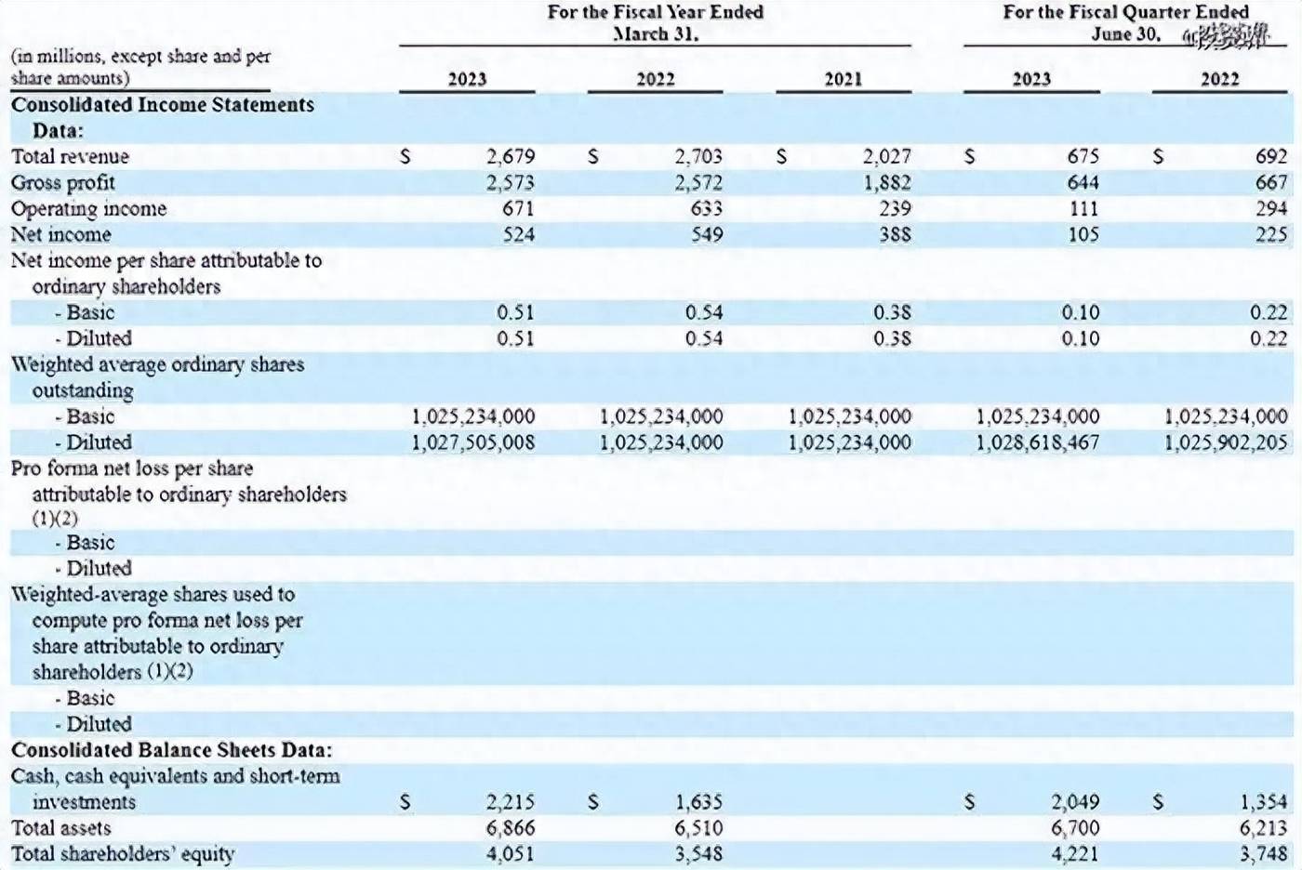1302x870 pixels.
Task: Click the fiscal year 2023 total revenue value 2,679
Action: (x=510, y=156)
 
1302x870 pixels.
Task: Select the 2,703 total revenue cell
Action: (x=697, y=156)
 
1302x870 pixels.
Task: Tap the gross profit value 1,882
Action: (x=886, y=182)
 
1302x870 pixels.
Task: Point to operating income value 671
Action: (x=518, y=208)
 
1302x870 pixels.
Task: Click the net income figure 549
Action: (x=706, y=234)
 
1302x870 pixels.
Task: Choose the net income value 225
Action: (x=1270, y=234)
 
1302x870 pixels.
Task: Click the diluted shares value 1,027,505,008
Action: (x=473, y=442)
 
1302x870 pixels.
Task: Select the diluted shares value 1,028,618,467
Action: (x=1037, y=442)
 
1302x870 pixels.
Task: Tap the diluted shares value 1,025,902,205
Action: (x=1226, y=442)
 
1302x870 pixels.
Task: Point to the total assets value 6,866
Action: (x=510, y=827)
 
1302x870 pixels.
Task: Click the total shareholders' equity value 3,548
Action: (x=697, y=853)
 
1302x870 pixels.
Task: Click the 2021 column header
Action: (x=844, y=79)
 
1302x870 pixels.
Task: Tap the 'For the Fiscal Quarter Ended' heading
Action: (x=1124, y=12)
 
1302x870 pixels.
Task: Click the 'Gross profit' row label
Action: (x=63, y=182)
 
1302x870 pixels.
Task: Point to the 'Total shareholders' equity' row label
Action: (x=123, y=853)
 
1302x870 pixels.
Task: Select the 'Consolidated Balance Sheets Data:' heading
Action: (x=171, y=749)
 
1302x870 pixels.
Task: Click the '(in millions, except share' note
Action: (x=140, y=56)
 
